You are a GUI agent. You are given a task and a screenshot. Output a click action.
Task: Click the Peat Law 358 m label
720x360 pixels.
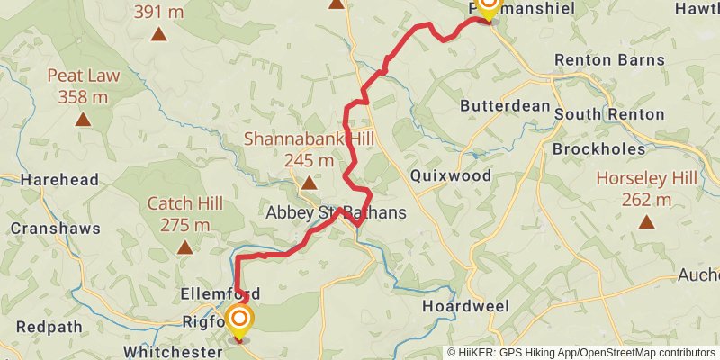pyautogui.click(x=84, y=85)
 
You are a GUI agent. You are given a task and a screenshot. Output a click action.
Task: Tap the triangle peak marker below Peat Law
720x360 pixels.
pyautogui.click(x=84, y=119)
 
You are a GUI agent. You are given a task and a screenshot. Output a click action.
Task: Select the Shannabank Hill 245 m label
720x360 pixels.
pyautogui.click(x=309, y=149)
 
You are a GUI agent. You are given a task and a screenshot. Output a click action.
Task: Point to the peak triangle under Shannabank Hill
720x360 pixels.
pyautogui.click(x=309, y=184)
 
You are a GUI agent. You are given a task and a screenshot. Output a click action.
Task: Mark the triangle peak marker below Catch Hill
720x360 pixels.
pyautogui.click(x=184, y=247)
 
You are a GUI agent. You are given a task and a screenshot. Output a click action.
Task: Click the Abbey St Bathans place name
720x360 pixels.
pyautogui.click(x=336, y=213)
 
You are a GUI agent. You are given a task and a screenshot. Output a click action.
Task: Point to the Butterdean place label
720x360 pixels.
pyautogui.click(x=505, y=105)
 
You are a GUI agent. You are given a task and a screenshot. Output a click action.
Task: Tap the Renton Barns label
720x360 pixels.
pyautogui.click(x=609, y=60)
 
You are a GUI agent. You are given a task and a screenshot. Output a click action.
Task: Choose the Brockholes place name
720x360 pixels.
pyautogui.click(x=599, y=148)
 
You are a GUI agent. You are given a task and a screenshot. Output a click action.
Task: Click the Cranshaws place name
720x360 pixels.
pyautogui.click(x=56, y=229)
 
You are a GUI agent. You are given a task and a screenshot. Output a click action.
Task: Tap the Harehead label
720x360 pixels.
pyautogui.click(x=59, y=179)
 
